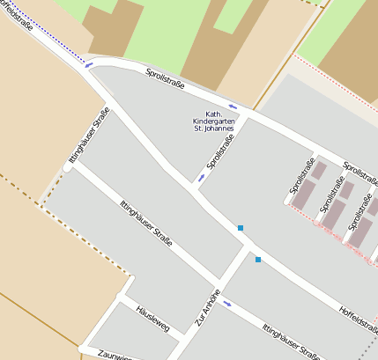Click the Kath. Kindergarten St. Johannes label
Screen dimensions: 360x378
213,121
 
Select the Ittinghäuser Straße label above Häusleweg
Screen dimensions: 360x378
145,224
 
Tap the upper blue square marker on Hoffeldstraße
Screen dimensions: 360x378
240,228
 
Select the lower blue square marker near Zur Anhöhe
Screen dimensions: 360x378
258,260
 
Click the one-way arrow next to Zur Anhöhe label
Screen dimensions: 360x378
228,305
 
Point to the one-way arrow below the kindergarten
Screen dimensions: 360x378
202,178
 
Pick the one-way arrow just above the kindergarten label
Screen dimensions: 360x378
233,107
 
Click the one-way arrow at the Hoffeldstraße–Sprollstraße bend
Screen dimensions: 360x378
88,64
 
